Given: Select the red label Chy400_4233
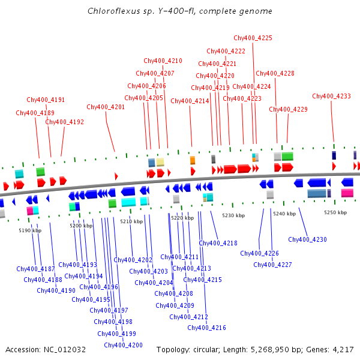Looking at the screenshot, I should point(331,97).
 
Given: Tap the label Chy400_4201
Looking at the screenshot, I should point(106,107).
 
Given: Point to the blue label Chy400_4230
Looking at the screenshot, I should point(307,240).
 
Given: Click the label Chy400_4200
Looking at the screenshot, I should point(123,345).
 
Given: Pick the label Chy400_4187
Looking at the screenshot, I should point(35,269).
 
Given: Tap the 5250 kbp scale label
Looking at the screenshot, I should point(335,212).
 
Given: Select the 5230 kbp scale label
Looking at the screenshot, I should point(233,215).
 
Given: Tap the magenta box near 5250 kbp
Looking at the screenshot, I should point(347,193).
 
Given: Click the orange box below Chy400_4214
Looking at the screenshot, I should point(193,160).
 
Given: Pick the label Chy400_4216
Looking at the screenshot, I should point(206,328).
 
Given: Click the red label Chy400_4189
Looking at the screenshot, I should point(35,113).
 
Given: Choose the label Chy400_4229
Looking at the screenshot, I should point(288,110).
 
